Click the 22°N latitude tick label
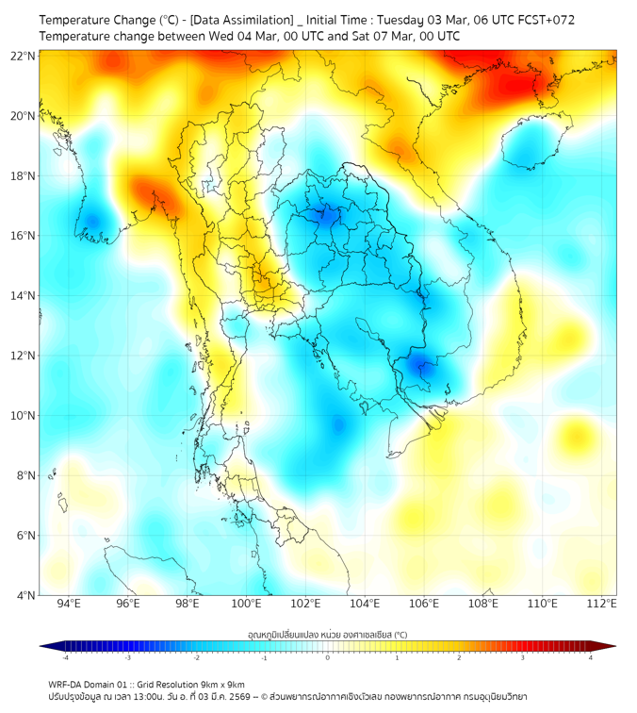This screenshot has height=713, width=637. click(24, 56)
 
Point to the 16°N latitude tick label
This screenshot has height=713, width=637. click(24, 236)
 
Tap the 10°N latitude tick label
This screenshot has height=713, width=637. click(24, 416)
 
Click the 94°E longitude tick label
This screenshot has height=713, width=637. click(69, 604)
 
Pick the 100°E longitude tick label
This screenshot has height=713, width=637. click(246, 604)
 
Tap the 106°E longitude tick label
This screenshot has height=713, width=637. click(424, 604)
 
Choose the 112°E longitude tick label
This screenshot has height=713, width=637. click(601, 604)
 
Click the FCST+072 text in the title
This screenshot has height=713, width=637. click(546, 19)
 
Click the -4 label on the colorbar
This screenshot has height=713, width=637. click(64, 657)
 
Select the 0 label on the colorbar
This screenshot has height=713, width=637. click(327, 657)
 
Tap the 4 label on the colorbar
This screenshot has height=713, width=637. click(591, 657)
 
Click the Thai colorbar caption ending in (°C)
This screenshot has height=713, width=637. click(327, 634)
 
